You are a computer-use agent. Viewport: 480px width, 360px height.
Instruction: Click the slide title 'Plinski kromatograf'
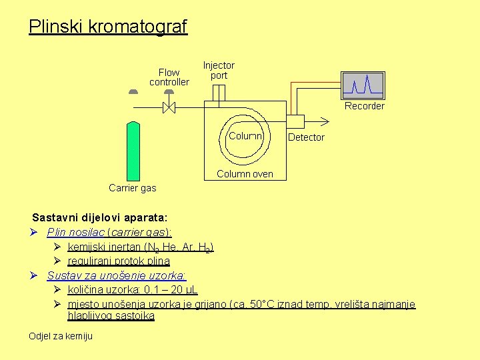(108, 27)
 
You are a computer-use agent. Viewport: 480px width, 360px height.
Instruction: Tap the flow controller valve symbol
(169, 107)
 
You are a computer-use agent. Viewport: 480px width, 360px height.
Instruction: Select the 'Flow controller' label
(169, 77)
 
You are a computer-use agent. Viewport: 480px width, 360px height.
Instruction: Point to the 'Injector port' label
(219, 71)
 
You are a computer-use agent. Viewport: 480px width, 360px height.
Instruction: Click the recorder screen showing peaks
(363, 85)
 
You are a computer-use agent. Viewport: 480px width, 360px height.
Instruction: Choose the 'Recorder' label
(364, 106)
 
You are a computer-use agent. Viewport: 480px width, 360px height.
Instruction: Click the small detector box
(295, 121)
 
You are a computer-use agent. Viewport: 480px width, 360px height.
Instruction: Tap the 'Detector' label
(306, 137)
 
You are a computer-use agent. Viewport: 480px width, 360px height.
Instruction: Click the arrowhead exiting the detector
(325, 121)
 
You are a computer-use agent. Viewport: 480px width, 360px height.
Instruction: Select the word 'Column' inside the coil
(245, 136)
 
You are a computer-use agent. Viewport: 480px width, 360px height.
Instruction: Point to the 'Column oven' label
(245, 174)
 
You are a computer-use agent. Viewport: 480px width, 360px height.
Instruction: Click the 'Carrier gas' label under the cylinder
(132, 188)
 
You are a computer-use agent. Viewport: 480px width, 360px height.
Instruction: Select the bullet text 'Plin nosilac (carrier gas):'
(109, 232)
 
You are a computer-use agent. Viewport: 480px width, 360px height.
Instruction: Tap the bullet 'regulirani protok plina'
(119, 261)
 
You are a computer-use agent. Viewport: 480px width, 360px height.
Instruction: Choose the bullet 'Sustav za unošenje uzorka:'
(117, 275)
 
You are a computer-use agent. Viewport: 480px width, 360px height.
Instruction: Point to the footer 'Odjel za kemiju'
(61, 336)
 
